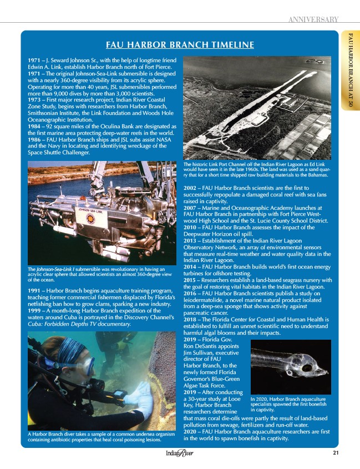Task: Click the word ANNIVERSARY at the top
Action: click(313, 20)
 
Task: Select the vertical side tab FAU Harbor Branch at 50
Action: click(350, 69)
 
